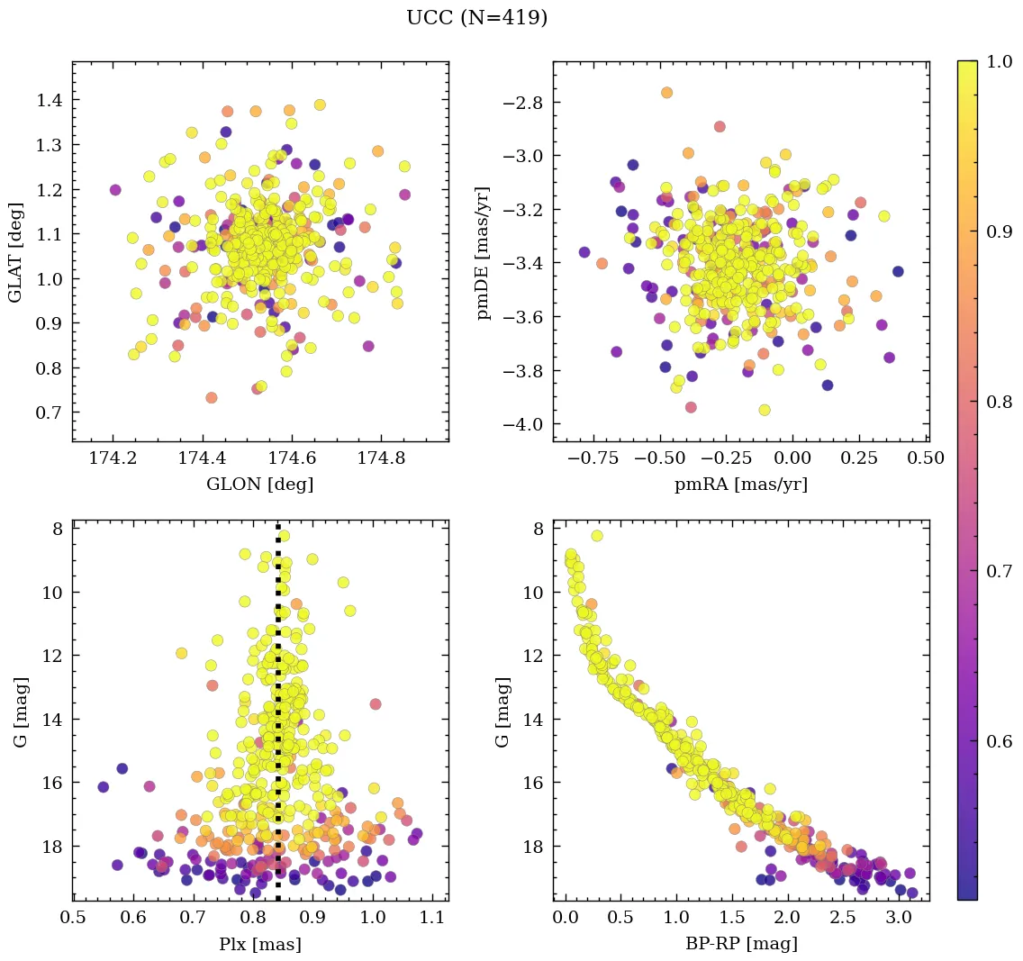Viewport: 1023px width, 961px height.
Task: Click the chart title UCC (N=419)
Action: (x=476, y=18)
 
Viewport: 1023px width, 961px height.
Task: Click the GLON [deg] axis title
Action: (x=260, y=485)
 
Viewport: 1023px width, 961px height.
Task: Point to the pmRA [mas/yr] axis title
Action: (x=740, y=485)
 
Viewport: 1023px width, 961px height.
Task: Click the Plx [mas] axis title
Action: (x=260, y=945)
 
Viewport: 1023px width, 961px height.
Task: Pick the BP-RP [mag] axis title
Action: (x=740, y=945)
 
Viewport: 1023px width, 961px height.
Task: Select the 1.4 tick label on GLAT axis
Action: (x=50, y=100)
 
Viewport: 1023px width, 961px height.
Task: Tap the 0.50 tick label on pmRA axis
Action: (x=924, y=459)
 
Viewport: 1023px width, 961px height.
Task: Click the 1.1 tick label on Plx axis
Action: (x=432, y=919)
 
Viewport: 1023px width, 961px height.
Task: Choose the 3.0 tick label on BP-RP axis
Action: (x=898, y=919)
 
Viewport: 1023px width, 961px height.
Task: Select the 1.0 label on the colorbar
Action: (x=1000, y=62)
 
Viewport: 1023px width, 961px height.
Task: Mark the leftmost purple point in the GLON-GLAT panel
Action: (x=115, y=190)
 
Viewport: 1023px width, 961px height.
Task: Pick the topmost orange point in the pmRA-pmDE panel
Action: (x=666, y=93)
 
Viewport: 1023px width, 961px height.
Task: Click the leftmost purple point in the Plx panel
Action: (x=104, y=787)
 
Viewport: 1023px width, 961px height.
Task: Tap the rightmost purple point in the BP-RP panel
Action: (x=912, y=893)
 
